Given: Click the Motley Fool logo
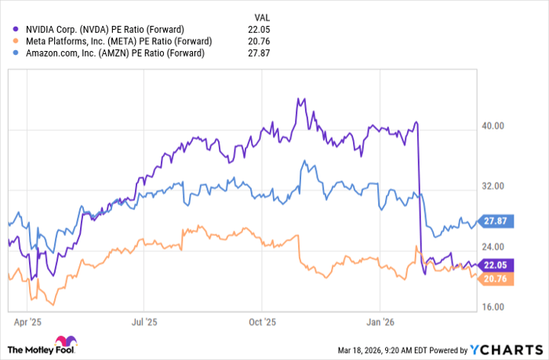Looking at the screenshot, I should click(43, 345).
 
